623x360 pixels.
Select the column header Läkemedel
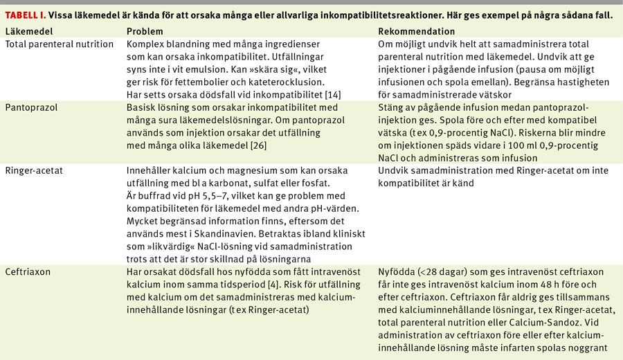tap(25, 32)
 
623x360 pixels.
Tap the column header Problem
tap(145, 32)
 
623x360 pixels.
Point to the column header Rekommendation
tap(417, 32)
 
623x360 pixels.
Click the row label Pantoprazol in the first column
tap(32, 109)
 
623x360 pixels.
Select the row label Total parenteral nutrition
tap(60, 44)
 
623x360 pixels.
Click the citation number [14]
tap(345, 95)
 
